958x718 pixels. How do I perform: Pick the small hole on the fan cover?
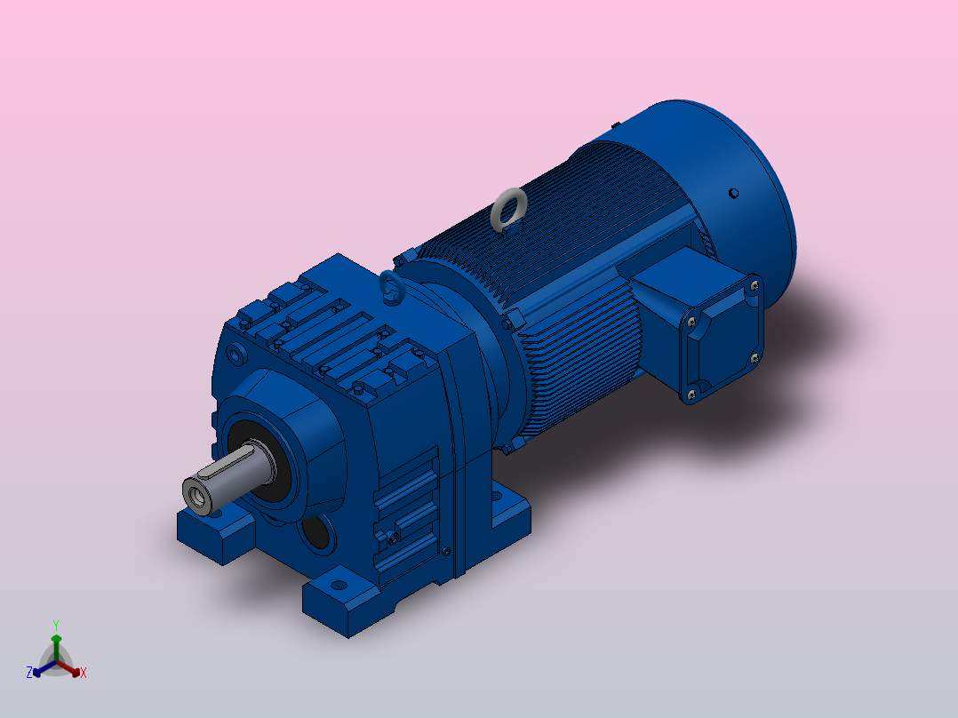tap(734, 193)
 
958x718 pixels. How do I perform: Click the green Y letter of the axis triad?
tap(56, 625)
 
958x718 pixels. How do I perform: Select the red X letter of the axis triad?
tap(84, 673)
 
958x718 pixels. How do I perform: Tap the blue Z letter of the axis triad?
tap(28, 672)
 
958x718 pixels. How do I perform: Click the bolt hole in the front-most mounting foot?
tap(339, 586)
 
